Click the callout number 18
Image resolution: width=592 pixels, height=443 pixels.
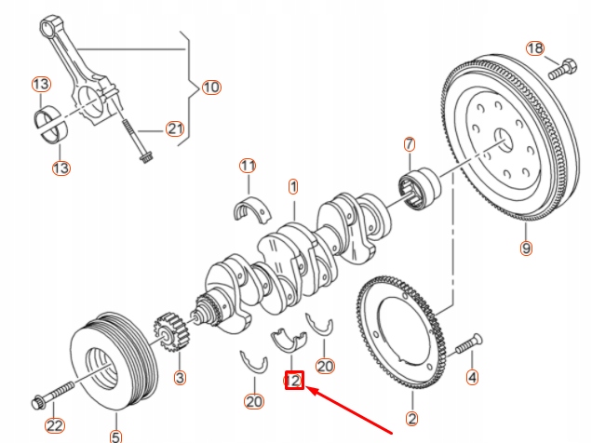click(534, 48)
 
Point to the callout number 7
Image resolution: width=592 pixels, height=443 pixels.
click(408, 144)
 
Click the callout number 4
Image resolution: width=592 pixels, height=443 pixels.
click(472, 377)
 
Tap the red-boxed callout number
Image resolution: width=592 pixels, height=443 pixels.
click(294, 379)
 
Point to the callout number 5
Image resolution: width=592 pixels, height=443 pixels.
click(115, 435)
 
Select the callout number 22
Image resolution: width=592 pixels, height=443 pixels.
click(56, 425)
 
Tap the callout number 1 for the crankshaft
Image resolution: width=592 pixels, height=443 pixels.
click(293, 187)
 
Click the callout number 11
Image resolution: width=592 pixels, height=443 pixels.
click(247, 167)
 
